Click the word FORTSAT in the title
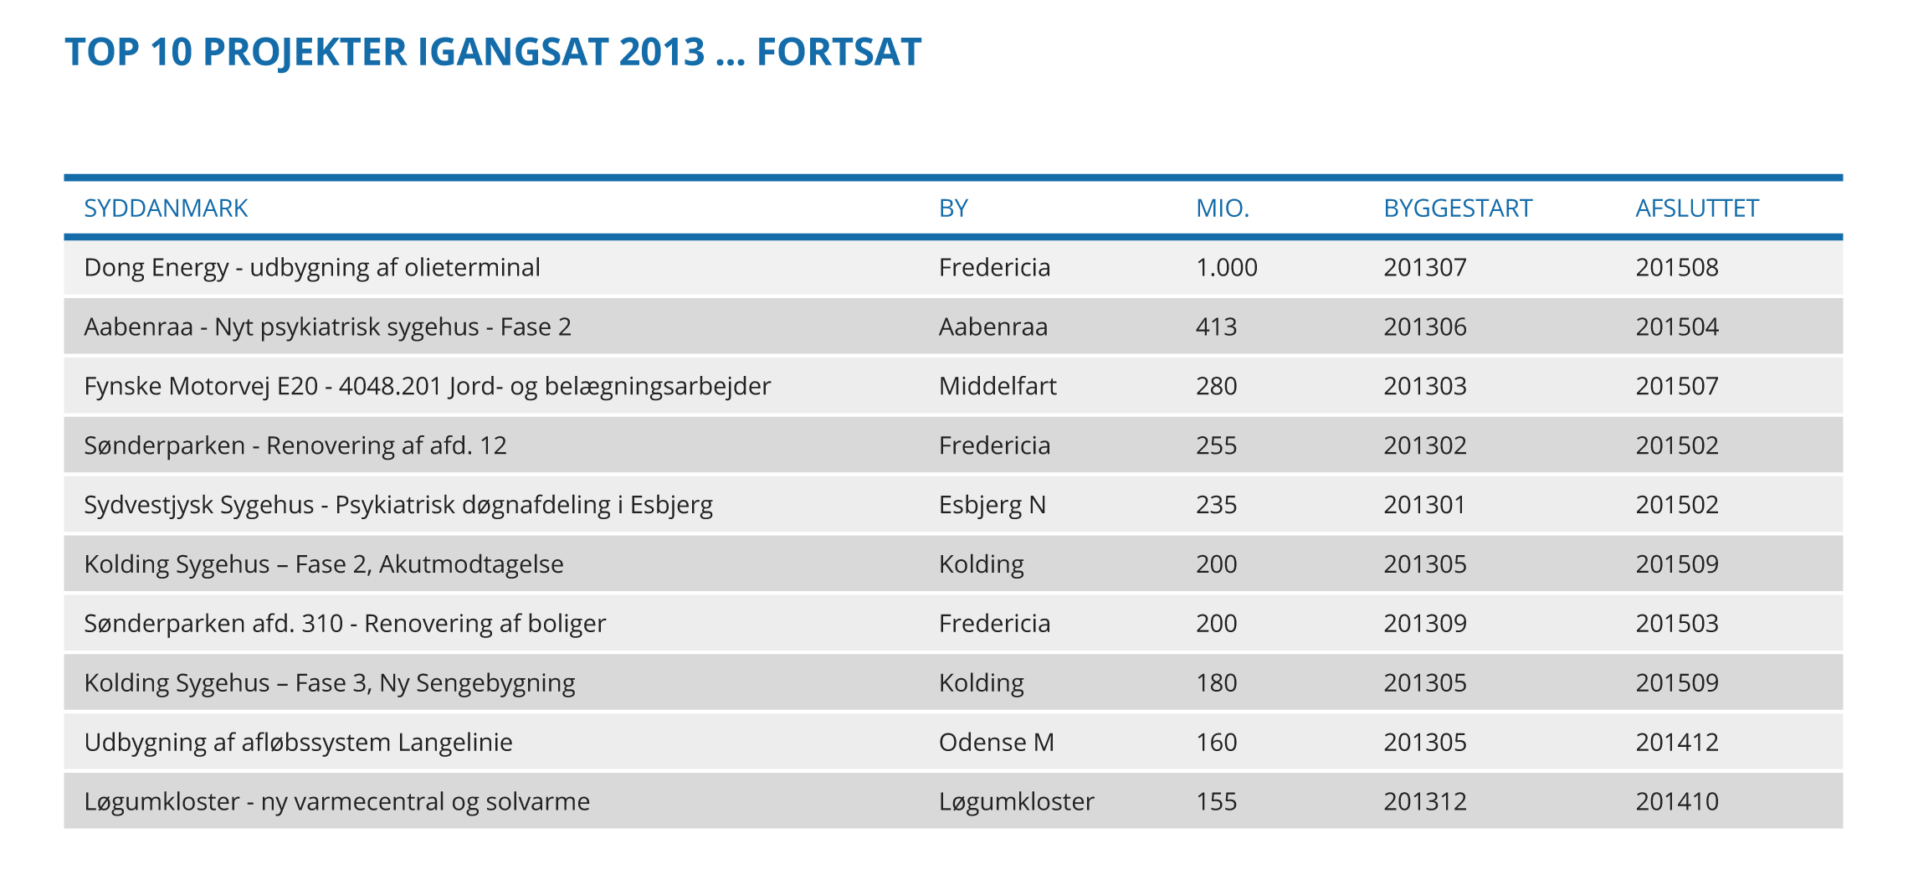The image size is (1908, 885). [x=839, y=52]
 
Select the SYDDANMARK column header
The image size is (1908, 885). [x=166, y=208]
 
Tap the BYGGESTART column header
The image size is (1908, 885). [x=1457, y=208]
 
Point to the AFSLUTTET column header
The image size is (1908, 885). [x=1697, y=208]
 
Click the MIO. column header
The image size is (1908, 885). [x=1222, y=208]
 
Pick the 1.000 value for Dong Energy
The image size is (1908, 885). [x=1226, y=267]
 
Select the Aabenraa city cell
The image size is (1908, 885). [x=992, y=327]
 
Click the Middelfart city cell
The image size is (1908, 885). [x=998, y=386]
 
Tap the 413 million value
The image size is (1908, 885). [x=1216, y=327]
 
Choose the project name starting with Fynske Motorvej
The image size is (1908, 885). [x=427, y=386]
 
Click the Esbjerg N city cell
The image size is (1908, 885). [x=992, y=505]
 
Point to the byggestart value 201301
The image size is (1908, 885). [x=1424, y=505]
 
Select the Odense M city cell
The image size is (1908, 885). [x=996, y=743]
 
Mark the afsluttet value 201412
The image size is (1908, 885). [x=1677, y=743]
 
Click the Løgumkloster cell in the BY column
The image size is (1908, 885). [x=1016, y=802]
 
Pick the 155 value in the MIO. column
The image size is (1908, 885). [x=1216, y=802]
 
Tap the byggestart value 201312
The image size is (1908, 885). [x=1424, y=802]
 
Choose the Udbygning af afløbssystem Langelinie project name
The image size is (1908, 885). [x=298, y=743]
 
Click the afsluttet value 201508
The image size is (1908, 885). [x=1677, y=267]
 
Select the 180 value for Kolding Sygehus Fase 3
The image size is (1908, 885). [x=1216, y=683]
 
